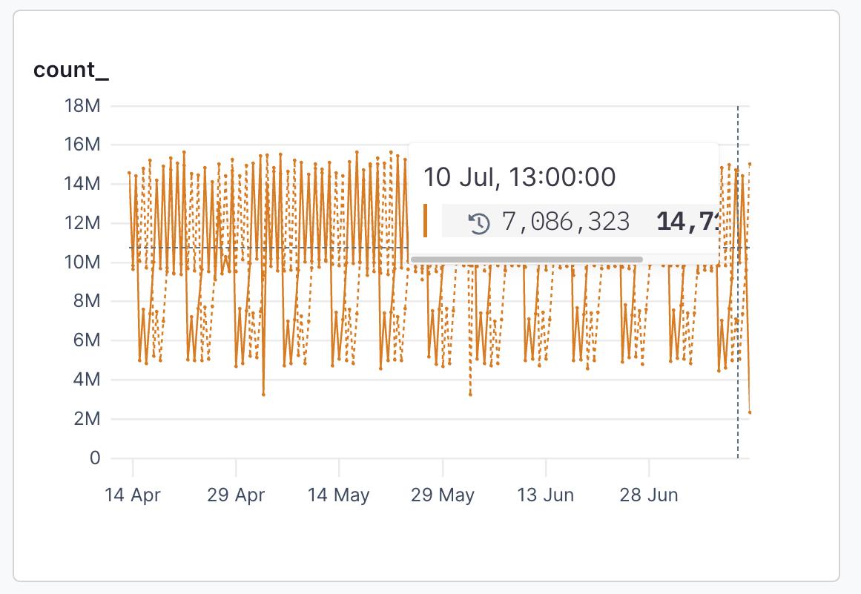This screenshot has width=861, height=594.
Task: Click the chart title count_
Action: point(71,71)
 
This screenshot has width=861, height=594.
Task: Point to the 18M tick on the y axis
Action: point(82,106)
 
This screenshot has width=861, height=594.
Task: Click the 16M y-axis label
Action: point(82,145)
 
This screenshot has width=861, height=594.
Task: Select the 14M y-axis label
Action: point(82,184)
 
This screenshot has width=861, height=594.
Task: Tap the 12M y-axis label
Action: point(82,223)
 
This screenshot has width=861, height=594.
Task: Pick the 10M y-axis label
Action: point(82,263)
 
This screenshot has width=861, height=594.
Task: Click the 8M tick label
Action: point(87,302)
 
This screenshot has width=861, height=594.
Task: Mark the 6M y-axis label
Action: point(87,341)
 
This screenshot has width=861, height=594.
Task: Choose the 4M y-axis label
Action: point(87,380)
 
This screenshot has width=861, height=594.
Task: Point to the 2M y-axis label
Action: point(87,419)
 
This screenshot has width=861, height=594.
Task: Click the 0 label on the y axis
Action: point(94,458)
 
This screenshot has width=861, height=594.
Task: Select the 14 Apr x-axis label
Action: point(133,495)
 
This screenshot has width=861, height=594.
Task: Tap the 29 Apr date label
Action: point(236,495)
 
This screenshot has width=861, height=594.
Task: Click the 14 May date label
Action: point(339,495)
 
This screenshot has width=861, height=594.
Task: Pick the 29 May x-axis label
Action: point(443,495)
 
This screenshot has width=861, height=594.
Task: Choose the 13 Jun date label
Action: point(546,495)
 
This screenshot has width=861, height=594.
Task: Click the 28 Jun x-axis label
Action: point(649,495)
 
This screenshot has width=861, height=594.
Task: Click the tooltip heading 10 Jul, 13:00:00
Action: point(519,177)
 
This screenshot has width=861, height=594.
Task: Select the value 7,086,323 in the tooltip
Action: point(566,221)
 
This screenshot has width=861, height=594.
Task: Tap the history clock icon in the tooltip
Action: point(480,222)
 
